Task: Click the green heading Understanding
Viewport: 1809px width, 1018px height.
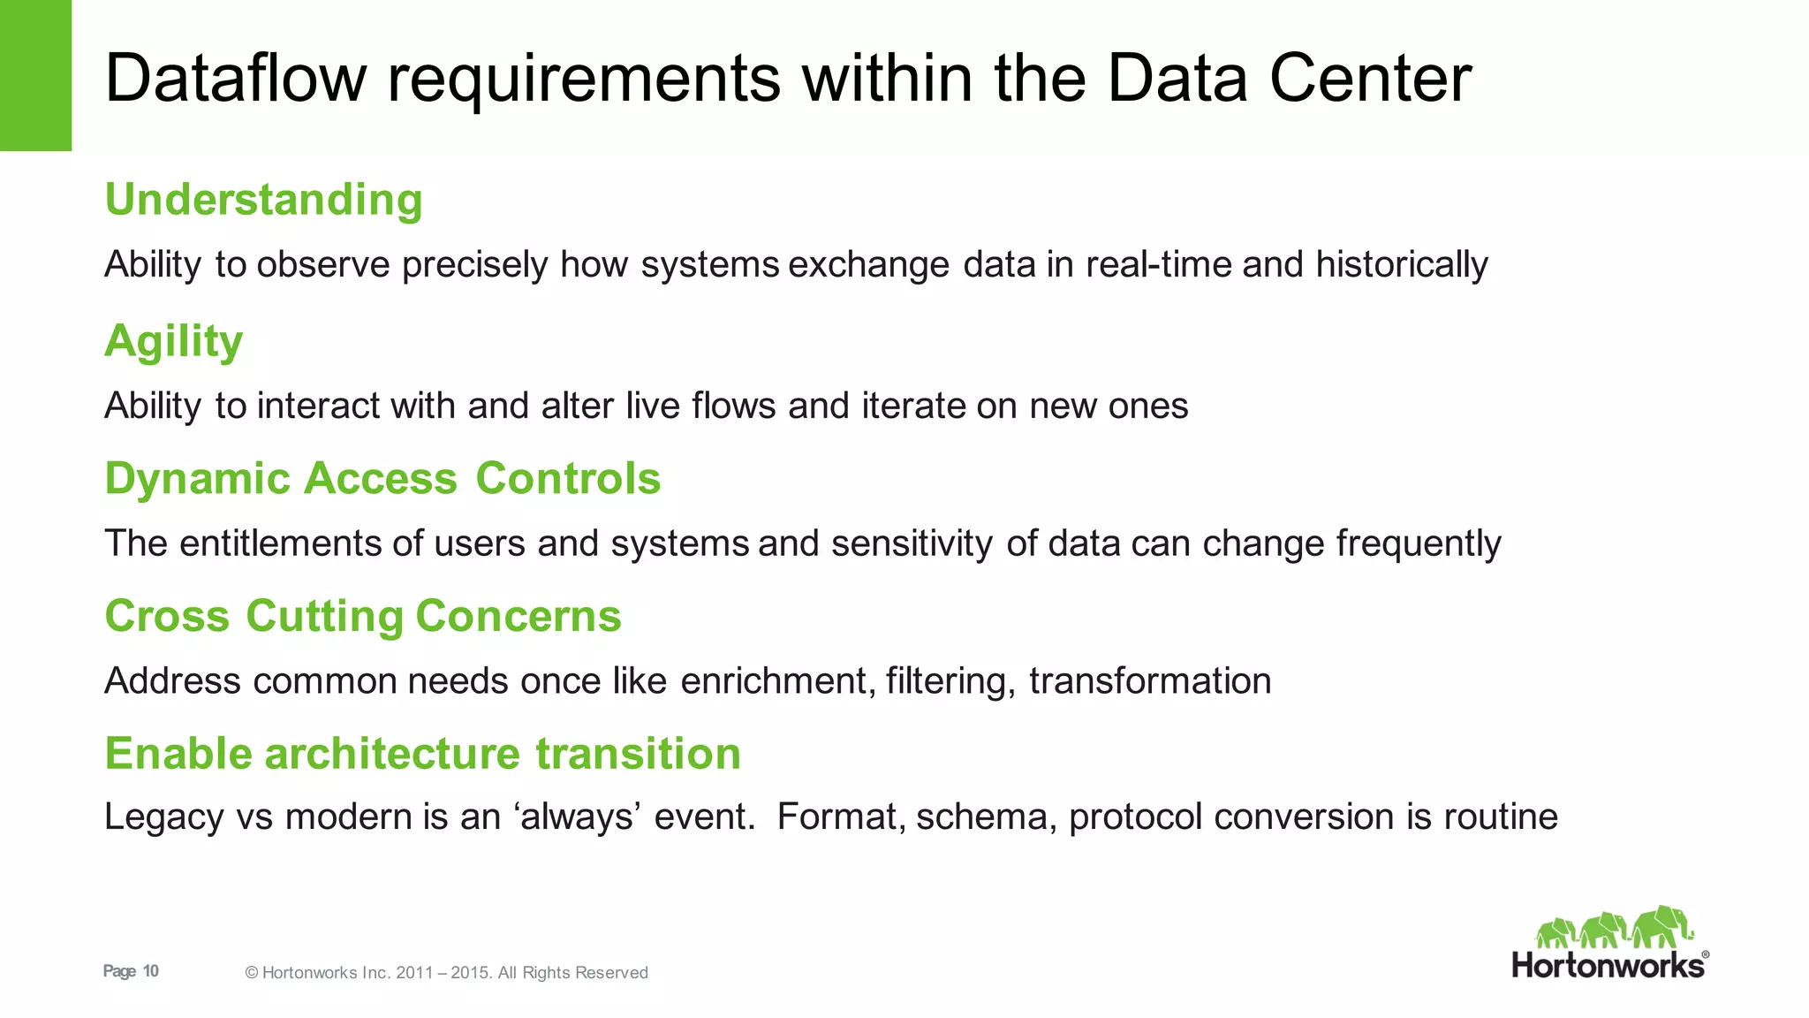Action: pos(263,200)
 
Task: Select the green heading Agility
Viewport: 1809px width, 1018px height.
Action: pos(173,341)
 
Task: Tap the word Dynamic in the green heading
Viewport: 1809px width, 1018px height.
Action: pos(197,479)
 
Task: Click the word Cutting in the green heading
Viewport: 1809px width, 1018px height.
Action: pos(324,617)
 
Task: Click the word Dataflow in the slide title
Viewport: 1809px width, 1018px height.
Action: pos(235,78)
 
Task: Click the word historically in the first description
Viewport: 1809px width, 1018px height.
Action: pos(1401,265)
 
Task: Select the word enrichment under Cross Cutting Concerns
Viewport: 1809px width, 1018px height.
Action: pos(777,681)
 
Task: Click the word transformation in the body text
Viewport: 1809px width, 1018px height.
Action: pos(1150,681)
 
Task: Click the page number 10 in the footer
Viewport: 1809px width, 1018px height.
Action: pos(151,971)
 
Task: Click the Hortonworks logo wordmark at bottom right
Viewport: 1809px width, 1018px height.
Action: pos(1608,965)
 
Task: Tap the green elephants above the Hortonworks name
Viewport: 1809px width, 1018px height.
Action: pos(1613,928)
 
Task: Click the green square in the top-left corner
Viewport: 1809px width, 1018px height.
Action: pos(35,75)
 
